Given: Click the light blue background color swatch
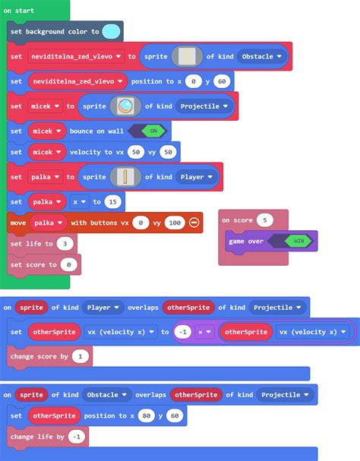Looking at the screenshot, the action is pyautogui.click(x=111, y=31).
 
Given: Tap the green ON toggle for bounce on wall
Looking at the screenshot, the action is pyautogui.click(x=153, y=131).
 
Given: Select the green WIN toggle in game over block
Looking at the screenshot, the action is pyautogui.click(x=298, y=241).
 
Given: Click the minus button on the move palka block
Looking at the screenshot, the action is pyautogui.click(x=194, y=223).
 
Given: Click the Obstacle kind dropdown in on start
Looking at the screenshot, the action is pyautogui.click(x=261, y=56).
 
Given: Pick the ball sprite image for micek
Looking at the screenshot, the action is pyautogui.click(x=125, y=106).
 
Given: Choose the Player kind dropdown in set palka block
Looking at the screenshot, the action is pyautogui.click(x=196, y=177).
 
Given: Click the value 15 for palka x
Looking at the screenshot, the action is pyautogui.click(x=112, y=202).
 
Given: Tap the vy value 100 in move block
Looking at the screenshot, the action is pyautogui.click(x=175, y=223).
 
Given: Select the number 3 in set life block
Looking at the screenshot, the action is pyautogui.click(x=65, y=244).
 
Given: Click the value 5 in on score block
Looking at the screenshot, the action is pyautogui.click(x=265, y=220).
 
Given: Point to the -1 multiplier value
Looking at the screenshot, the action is pyautogui.click(x=182, y=332).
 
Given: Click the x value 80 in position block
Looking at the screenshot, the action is pyautogui.click(x=146, y=415).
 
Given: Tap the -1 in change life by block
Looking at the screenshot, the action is pyautogui.click(x=77, y=437).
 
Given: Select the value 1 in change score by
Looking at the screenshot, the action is pyautogui.click(x=81, y=357).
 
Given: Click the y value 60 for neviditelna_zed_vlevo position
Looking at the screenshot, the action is pyautogui.click(x=222, y=81).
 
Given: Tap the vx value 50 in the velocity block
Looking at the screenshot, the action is pyautogui.click(x=136, y=152).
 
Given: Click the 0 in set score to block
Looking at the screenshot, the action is pyautogui.click(x=68, y=264).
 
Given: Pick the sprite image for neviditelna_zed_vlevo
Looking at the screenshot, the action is pyautogui.click(x=187, y=56).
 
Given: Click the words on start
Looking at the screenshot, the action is pyautogui.click(x=18, y=11).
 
